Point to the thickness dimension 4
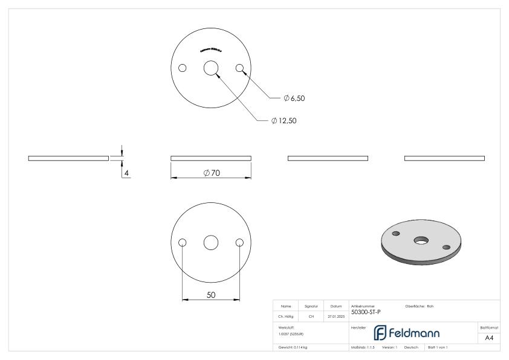(x=127, y=173)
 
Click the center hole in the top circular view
(x=210, y=68)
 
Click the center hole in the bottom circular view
(x=210, y=243)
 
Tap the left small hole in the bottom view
(x=182, y=243)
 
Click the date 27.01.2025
(x=335, y=315)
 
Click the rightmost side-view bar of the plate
(x=444, y=158)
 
